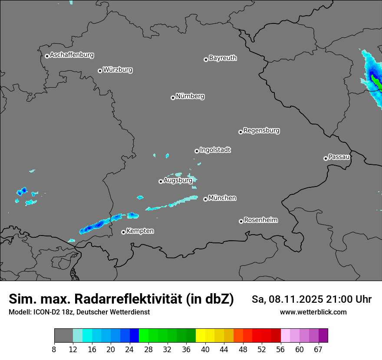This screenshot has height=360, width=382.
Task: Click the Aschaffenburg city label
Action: tap(72, 55)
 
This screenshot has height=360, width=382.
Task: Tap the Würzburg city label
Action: tap(118, 70)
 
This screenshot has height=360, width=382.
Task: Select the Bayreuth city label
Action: tap(223, 58)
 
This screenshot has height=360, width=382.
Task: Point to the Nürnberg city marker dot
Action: tap(173, 98)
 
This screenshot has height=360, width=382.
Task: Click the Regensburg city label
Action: tap(261, 131)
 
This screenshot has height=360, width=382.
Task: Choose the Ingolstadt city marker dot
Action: tap(197, 151)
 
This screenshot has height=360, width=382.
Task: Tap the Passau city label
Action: tap(339, 157)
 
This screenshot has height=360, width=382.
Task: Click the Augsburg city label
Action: tap(178, 180)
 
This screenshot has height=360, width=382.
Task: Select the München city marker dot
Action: tap(205, 200)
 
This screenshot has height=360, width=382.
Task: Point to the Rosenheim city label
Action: tap(260, 220)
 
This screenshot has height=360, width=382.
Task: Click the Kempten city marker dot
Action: tap(123, 232)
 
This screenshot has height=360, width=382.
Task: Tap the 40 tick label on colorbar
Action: tap(205, 350)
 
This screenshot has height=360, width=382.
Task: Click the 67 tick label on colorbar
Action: tap(318, 350)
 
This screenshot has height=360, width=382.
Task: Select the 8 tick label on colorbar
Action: tap(54, 350)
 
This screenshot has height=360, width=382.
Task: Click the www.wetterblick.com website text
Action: tap(313, 312)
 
